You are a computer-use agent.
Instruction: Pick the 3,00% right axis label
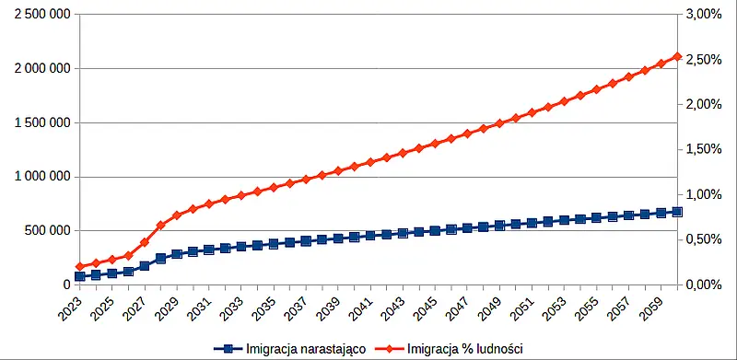(703, 15)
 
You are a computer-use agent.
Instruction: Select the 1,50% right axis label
(703, 149)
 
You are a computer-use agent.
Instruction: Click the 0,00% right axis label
(703, 285)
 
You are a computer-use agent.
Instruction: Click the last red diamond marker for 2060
(677, 56)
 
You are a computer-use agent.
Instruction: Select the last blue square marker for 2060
(677, 212)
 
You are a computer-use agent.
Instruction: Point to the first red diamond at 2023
(79, 266)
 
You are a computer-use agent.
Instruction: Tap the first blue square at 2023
(79, 276)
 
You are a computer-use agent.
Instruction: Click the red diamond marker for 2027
(144, 242)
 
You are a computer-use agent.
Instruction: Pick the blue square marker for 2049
(499, 225)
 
